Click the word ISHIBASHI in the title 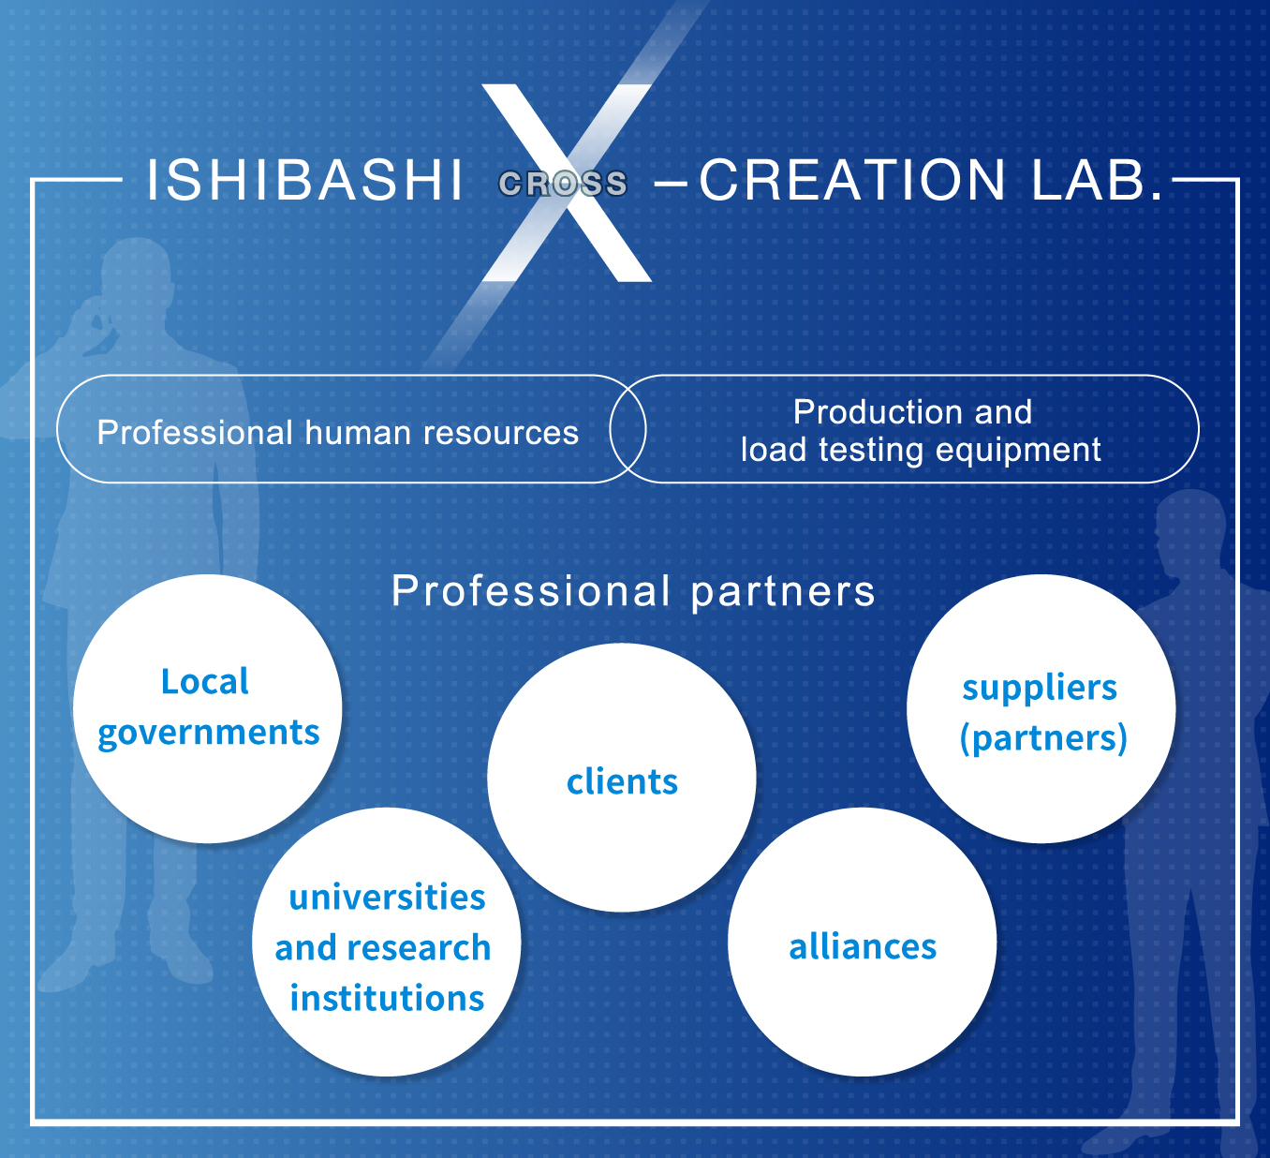point(304,180)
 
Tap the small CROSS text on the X point(563,184)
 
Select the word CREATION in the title point(852,180)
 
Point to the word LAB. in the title point(1097,180)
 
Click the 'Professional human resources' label point(337,433)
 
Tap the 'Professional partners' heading point(633,591)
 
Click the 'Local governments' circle point(208,708)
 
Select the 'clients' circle point(622,778)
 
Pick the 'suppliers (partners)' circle point(1041,708)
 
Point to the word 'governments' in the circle point(209,733)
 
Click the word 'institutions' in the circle point(387,999)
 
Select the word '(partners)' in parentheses point(1043,738)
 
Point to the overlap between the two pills point(628,429)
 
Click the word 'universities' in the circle point(387,898)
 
